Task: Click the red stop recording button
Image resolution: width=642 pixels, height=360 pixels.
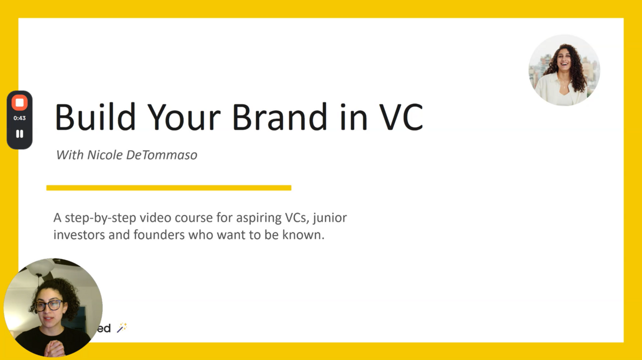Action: [x=20, y=103]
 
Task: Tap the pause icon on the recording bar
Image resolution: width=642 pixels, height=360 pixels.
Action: [x=20, y=134]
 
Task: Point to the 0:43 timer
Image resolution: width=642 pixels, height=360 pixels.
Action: [x=20, y=118]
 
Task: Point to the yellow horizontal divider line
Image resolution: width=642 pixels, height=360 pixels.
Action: [x=169, y=188]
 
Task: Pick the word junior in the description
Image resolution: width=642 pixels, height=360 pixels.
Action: [x=332, y=218]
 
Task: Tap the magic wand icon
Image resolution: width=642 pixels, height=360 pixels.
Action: [x=122, y=327]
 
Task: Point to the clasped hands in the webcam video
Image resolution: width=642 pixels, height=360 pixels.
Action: [x=55, y=348]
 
